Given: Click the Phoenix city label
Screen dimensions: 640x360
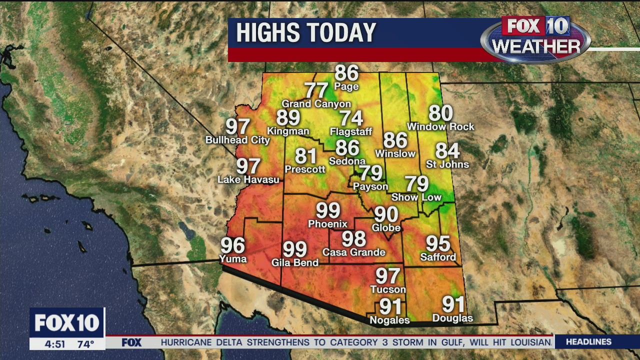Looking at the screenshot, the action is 327,224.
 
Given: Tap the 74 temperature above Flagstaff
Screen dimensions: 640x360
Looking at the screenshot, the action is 351,118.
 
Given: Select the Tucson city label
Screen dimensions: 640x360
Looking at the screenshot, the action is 388,289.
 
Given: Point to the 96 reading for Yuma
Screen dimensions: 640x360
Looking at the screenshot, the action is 233,246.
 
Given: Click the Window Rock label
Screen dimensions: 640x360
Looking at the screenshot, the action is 440,127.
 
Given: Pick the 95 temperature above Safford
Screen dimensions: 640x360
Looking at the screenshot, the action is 438,244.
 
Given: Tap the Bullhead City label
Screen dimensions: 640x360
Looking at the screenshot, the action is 237,140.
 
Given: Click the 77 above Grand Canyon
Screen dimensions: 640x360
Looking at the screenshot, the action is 316,90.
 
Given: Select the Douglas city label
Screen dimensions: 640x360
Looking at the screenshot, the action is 452,318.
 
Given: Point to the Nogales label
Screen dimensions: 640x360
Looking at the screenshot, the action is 389,320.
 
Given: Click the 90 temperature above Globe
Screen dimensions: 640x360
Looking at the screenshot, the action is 386,214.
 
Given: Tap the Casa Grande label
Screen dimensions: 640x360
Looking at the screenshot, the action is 353,252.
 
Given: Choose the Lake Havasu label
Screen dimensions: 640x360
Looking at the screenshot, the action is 248,179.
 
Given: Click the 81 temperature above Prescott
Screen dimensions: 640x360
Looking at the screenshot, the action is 305,156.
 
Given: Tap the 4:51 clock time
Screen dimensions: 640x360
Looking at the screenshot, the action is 55,344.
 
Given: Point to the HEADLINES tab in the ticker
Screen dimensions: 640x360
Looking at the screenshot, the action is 588,342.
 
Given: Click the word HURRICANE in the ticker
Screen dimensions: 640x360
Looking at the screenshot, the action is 186,342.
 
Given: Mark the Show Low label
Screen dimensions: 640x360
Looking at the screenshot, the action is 416,197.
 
